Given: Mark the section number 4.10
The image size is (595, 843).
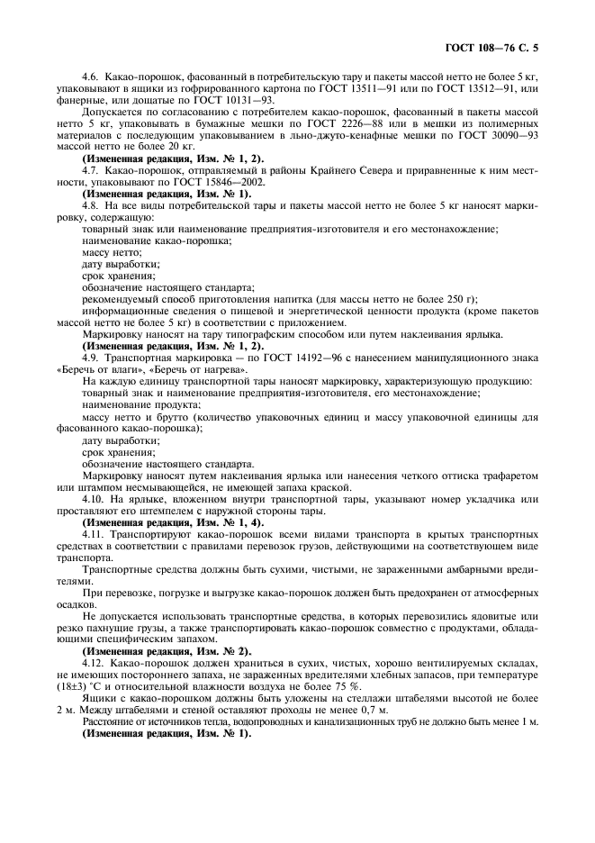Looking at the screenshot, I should (x=94, y=498).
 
